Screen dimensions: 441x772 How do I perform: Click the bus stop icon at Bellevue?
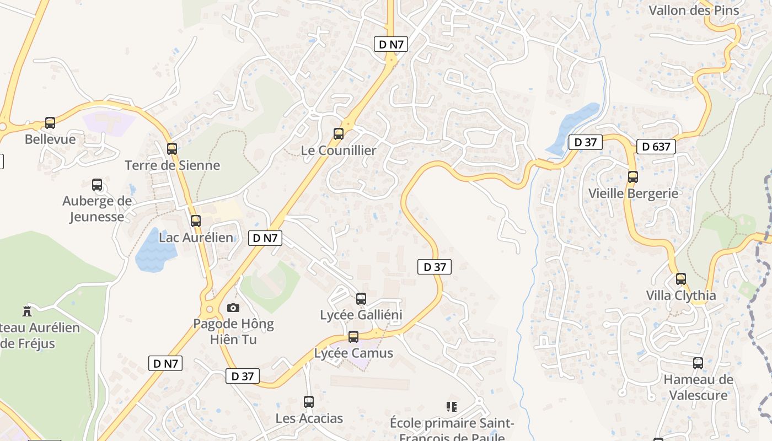pyautogui.click(x=50, y=123)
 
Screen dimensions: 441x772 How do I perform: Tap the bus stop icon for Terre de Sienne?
pyautogui.click(x=172, y=148)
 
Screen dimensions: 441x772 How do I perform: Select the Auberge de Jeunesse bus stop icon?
pyautogui.click(x=97, y=185)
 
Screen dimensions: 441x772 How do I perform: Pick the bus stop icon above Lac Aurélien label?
pyautogui.click(x=196, y=221)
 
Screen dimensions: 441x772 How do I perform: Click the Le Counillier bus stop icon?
pyautogui.click(x=339, y=133)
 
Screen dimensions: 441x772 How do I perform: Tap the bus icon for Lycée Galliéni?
pyautogui.click(x=361, y=299)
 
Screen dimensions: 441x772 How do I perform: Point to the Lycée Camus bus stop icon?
pyautogui.click(x=353, y=336)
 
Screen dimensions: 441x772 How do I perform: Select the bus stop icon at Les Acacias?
pyautogui.click(x=309, y=402)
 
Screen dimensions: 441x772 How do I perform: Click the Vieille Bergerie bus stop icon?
pyautogui.click(x=633, y=177)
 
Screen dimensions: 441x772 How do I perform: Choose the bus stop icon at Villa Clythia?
pyautogui.click(x=681, y=279)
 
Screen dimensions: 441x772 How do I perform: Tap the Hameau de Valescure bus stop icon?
pyautogui.click(x=698, y=363)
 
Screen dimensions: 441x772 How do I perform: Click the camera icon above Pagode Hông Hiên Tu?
pyautogui.click(x=233, y=308)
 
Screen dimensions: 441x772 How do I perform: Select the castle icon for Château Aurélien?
pyautogui.click(x=27, y=311)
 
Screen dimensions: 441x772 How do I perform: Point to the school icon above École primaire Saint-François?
pyautogui.click(x=452, y=407)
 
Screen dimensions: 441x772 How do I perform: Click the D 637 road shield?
pyautogui.click(x=656, y=147)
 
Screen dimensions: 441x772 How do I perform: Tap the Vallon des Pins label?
pyautogui.click(x=694, y=10)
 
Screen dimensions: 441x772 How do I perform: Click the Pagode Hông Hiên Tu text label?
pyautogui.click(x=233, y=331)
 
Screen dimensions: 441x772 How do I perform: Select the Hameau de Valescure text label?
pyautogui.click(x=698, y=387)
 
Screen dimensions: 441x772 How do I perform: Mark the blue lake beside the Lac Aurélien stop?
pyautogui.click(x=155, y=251)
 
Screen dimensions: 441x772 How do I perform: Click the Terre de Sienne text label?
pyautogui.click(x=172, y=165)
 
